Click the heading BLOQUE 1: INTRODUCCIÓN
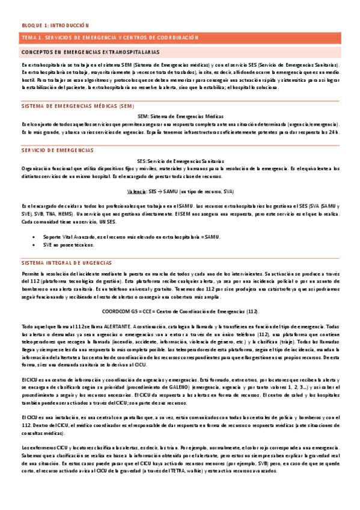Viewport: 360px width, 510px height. tap(55, 26)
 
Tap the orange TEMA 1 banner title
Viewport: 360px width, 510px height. tap(109, 38)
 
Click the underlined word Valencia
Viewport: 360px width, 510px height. tap(137, 191)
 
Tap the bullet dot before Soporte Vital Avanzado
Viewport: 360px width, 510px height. tap(31, 236)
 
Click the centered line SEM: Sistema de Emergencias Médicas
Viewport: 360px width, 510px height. tap(180, 116)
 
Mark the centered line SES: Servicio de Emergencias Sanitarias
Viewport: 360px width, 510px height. tap(180, 161)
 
